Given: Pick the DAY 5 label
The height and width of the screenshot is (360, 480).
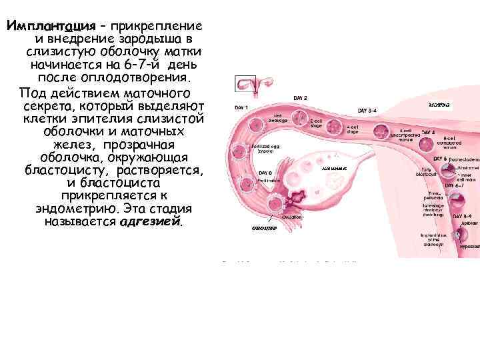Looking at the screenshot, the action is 439,159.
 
